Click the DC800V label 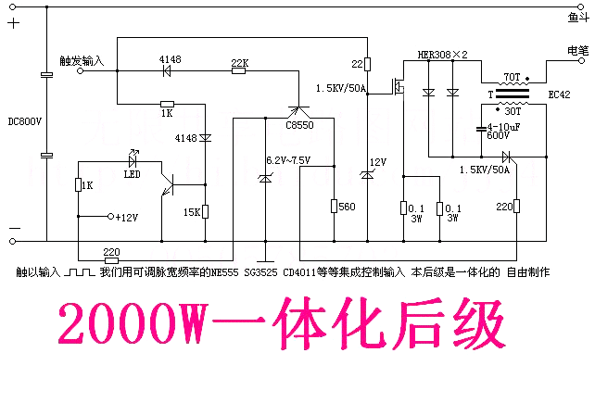coord(25,121)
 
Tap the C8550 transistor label coord(299,125)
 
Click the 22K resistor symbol coord(238,70)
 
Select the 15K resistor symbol coord(206,212)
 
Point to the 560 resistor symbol coord(335,206)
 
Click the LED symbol coord(133,161)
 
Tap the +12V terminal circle coord(111,216)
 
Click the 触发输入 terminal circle coord(80,71)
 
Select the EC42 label coord(560,94)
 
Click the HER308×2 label coord(442,55)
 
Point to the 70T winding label coord(512,77)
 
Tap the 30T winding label coord(513,111)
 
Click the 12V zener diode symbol coord(367,174)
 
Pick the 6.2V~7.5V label coord(288,160)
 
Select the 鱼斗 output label coord(578,18)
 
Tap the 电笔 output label coord(578,50)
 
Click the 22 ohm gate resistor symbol coord(367,64)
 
